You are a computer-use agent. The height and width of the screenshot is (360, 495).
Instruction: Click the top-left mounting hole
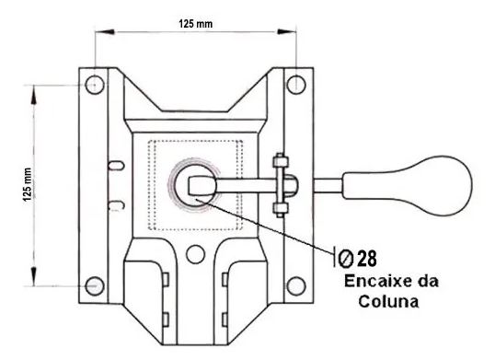[95, 85]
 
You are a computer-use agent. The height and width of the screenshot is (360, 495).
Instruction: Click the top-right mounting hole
[296, 85]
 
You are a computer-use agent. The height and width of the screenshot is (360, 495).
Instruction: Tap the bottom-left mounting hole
[95, 286]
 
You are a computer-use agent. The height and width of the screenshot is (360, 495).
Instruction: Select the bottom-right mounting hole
[296, 286]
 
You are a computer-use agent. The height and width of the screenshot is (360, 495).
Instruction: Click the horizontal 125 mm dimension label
[196, 24]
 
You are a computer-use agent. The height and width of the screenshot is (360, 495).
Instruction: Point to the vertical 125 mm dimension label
[28, 185]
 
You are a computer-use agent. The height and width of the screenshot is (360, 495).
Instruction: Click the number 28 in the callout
[367, 259]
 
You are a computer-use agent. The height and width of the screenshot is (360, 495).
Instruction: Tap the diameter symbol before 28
[346, 259]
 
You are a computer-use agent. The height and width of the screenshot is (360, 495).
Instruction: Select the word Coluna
[388, 301]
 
